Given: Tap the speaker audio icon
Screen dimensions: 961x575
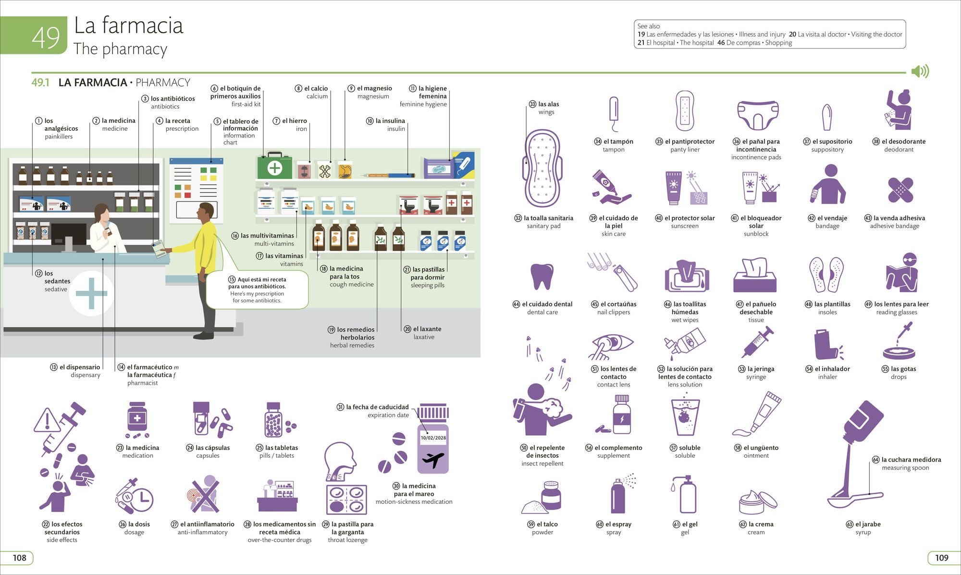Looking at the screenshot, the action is pos(920,72).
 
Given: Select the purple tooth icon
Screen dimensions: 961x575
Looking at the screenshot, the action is pos(542,276).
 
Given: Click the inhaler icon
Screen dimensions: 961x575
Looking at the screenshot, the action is pos(827,345).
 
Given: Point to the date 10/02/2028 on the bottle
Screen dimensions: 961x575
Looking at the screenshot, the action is pos(433,437).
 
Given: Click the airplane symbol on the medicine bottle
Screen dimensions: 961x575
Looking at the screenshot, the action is pos(433,460).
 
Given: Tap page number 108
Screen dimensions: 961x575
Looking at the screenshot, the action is pos(20,558).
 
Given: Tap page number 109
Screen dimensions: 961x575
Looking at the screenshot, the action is pos(942,558).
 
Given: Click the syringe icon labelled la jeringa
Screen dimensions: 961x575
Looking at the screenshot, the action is pos(758,342).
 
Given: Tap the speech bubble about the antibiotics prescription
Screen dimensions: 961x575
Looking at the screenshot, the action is pos(257,289).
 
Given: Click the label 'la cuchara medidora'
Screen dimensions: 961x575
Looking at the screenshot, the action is pos(911,460).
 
